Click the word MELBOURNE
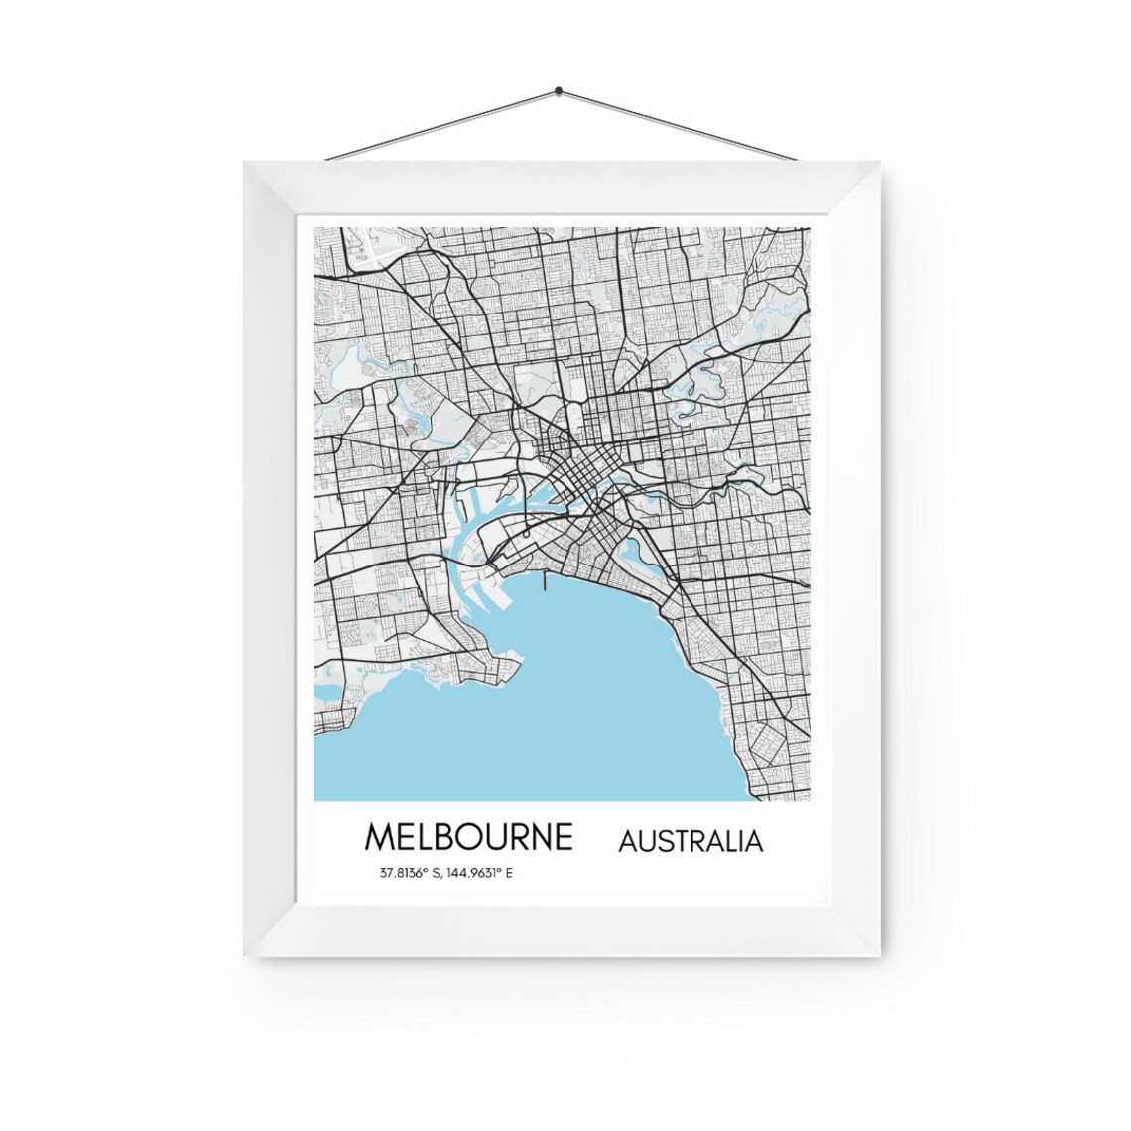tap(468, 836)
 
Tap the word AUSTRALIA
tap(691, 841)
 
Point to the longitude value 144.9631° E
tap(474, 874)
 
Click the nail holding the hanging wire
tap(559, 90)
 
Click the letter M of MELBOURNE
tap(380, 836)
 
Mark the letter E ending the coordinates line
tap(510, 874)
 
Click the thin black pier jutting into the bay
tap(544, 579)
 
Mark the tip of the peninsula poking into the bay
tap(518, 660)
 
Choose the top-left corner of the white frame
tap(248, 165)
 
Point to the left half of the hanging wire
tap(441, 124)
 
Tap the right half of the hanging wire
tap(680, 124)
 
